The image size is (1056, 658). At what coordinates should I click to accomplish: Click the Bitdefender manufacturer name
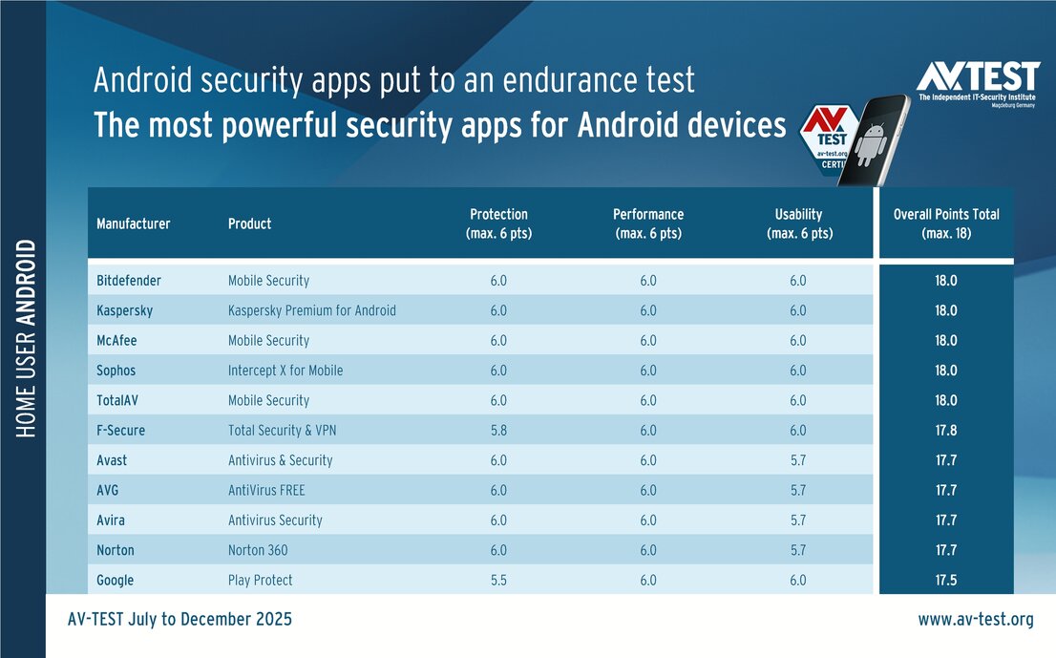129,280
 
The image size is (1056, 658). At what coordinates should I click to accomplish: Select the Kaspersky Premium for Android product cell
312,310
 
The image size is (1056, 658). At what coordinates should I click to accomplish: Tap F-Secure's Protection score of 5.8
498,431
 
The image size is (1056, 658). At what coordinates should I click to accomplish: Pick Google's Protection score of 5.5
498,580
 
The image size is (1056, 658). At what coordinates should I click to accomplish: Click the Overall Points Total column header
946,223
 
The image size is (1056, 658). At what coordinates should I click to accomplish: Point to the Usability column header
799,223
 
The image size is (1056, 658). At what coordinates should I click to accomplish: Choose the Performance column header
648,223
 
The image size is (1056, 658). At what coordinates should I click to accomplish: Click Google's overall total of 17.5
945,580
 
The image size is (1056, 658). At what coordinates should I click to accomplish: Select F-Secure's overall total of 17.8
945,431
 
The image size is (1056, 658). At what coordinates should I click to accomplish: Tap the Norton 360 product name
258,550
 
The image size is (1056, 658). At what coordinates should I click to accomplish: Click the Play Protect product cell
260,580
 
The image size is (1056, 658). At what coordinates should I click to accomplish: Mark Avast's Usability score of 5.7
798,460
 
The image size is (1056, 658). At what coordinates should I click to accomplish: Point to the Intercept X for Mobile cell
285,371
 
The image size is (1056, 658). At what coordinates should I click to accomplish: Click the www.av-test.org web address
975,619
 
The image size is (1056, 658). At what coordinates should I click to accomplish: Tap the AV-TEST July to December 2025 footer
180,619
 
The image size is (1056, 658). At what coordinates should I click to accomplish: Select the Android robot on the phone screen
871,144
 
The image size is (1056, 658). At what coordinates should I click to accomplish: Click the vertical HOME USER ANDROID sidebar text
26,338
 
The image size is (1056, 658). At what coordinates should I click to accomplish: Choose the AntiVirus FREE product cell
266,490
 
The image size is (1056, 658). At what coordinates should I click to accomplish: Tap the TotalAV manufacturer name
117,400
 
